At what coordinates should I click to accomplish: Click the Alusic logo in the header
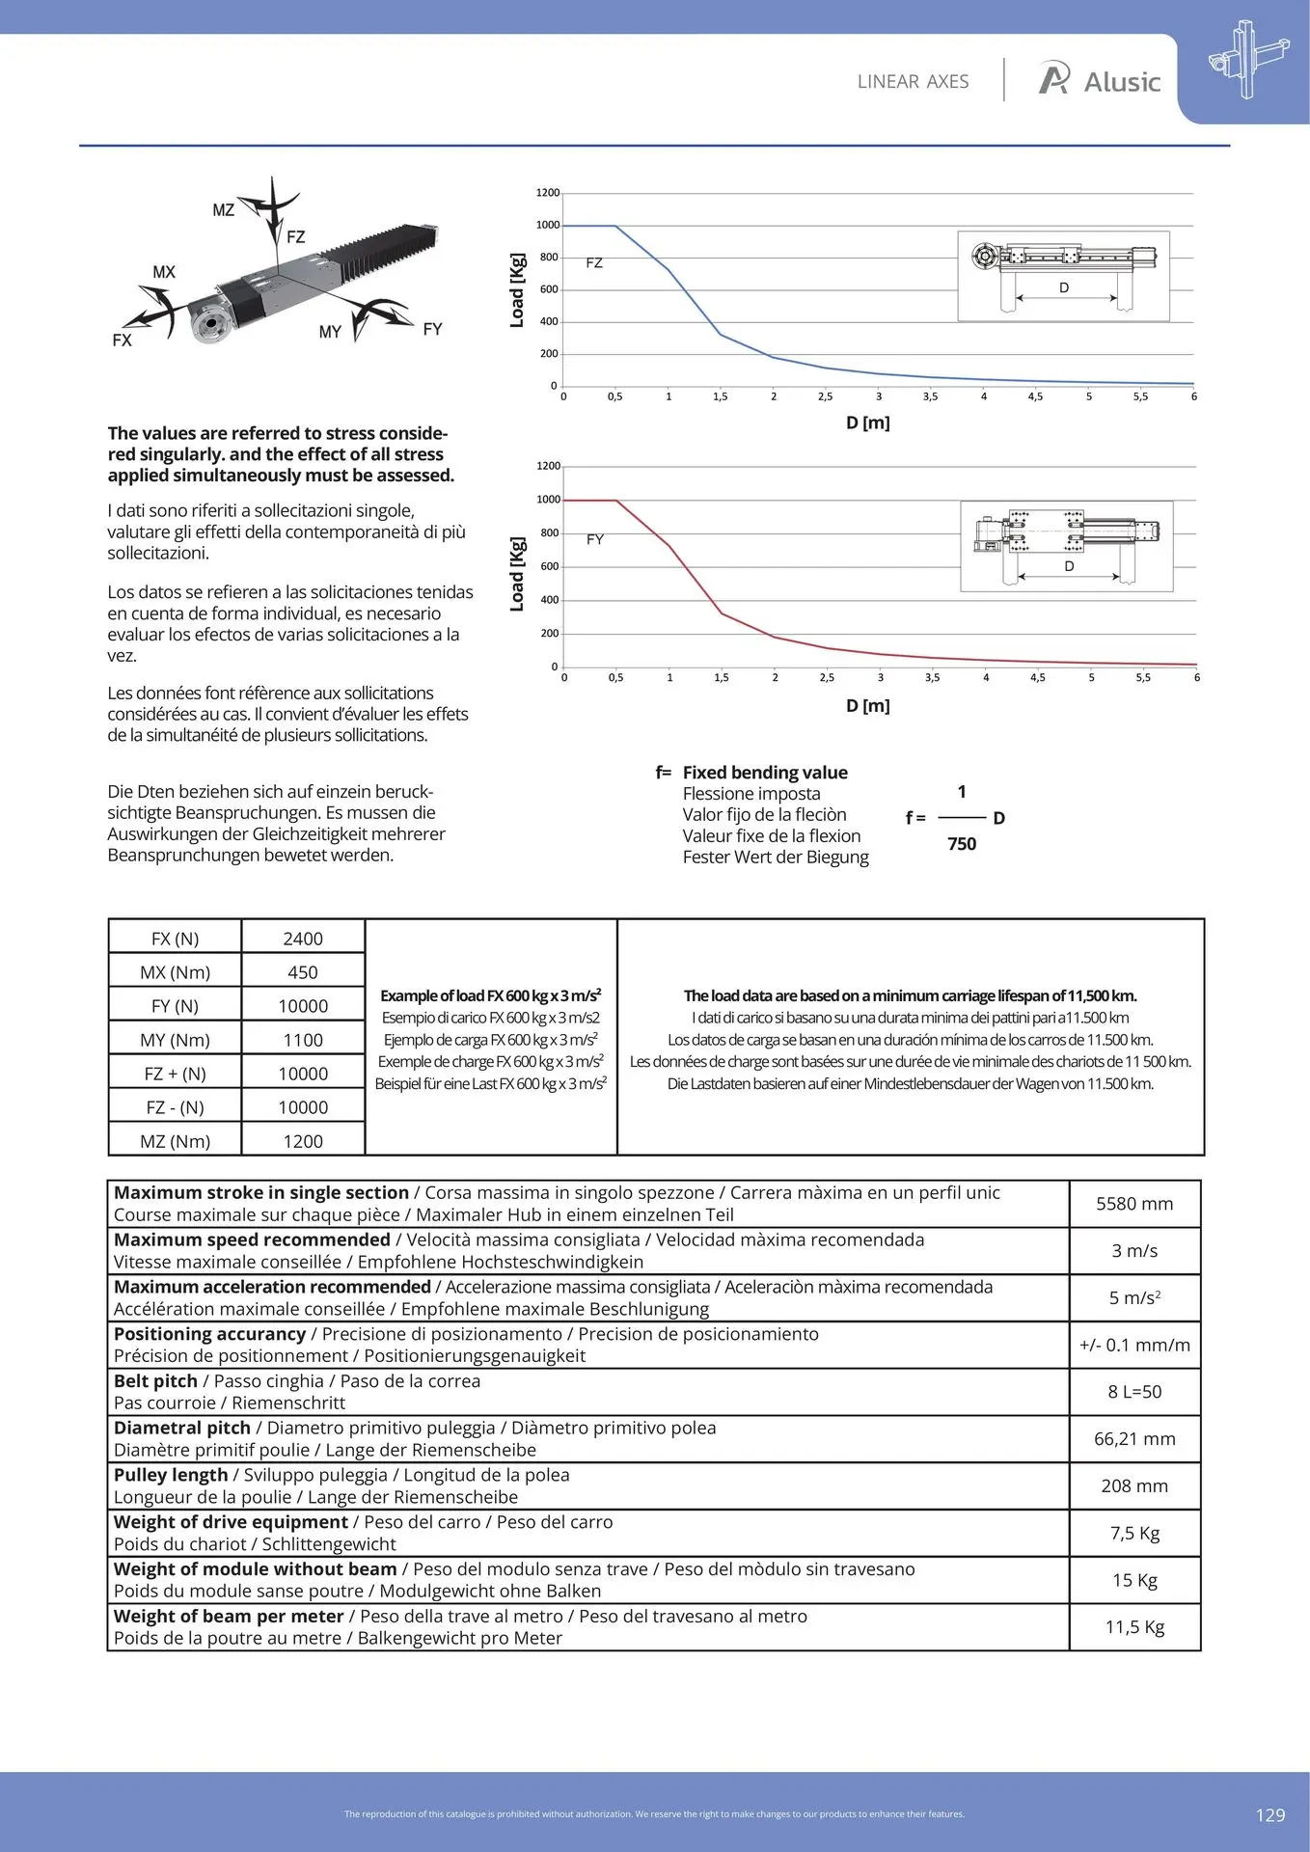click(x=1100, y=81)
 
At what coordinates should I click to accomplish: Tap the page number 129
click(x=1269, y=1814)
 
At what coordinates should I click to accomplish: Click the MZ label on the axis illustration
click(x=223, y=209)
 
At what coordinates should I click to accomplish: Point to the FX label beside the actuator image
click(x=122, y=340)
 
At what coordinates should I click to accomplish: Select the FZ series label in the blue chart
click(x=594, y=262)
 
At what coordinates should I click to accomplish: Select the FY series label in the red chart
click(x=595, y=539)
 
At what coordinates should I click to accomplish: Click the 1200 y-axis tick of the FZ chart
click(x=547, y=193)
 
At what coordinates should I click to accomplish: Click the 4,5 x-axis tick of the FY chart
click(x=1037, y=677)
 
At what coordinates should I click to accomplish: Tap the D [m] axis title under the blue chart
click(x=867, y=422)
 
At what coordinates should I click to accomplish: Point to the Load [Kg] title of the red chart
click(x=517, y=574)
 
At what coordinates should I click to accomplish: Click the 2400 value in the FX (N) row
click(x=303, y=939)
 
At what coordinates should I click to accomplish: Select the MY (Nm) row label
click(x=175, y=1040)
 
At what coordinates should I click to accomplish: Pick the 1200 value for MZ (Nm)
click(x=303, y=1141)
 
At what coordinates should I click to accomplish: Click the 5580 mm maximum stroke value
click(x=1134, y=1204)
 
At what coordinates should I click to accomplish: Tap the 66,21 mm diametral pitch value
click(x=1134, y=1438)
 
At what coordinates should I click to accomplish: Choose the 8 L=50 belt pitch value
click(x=1134, y=1392)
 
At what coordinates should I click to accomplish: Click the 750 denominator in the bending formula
click(x=962, y=844)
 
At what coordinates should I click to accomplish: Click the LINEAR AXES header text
click(x=913, y=82)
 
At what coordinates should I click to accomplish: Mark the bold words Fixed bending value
click(x=765, y=773)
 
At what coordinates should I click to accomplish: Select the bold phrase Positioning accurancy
click(x=209, y=1334)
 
